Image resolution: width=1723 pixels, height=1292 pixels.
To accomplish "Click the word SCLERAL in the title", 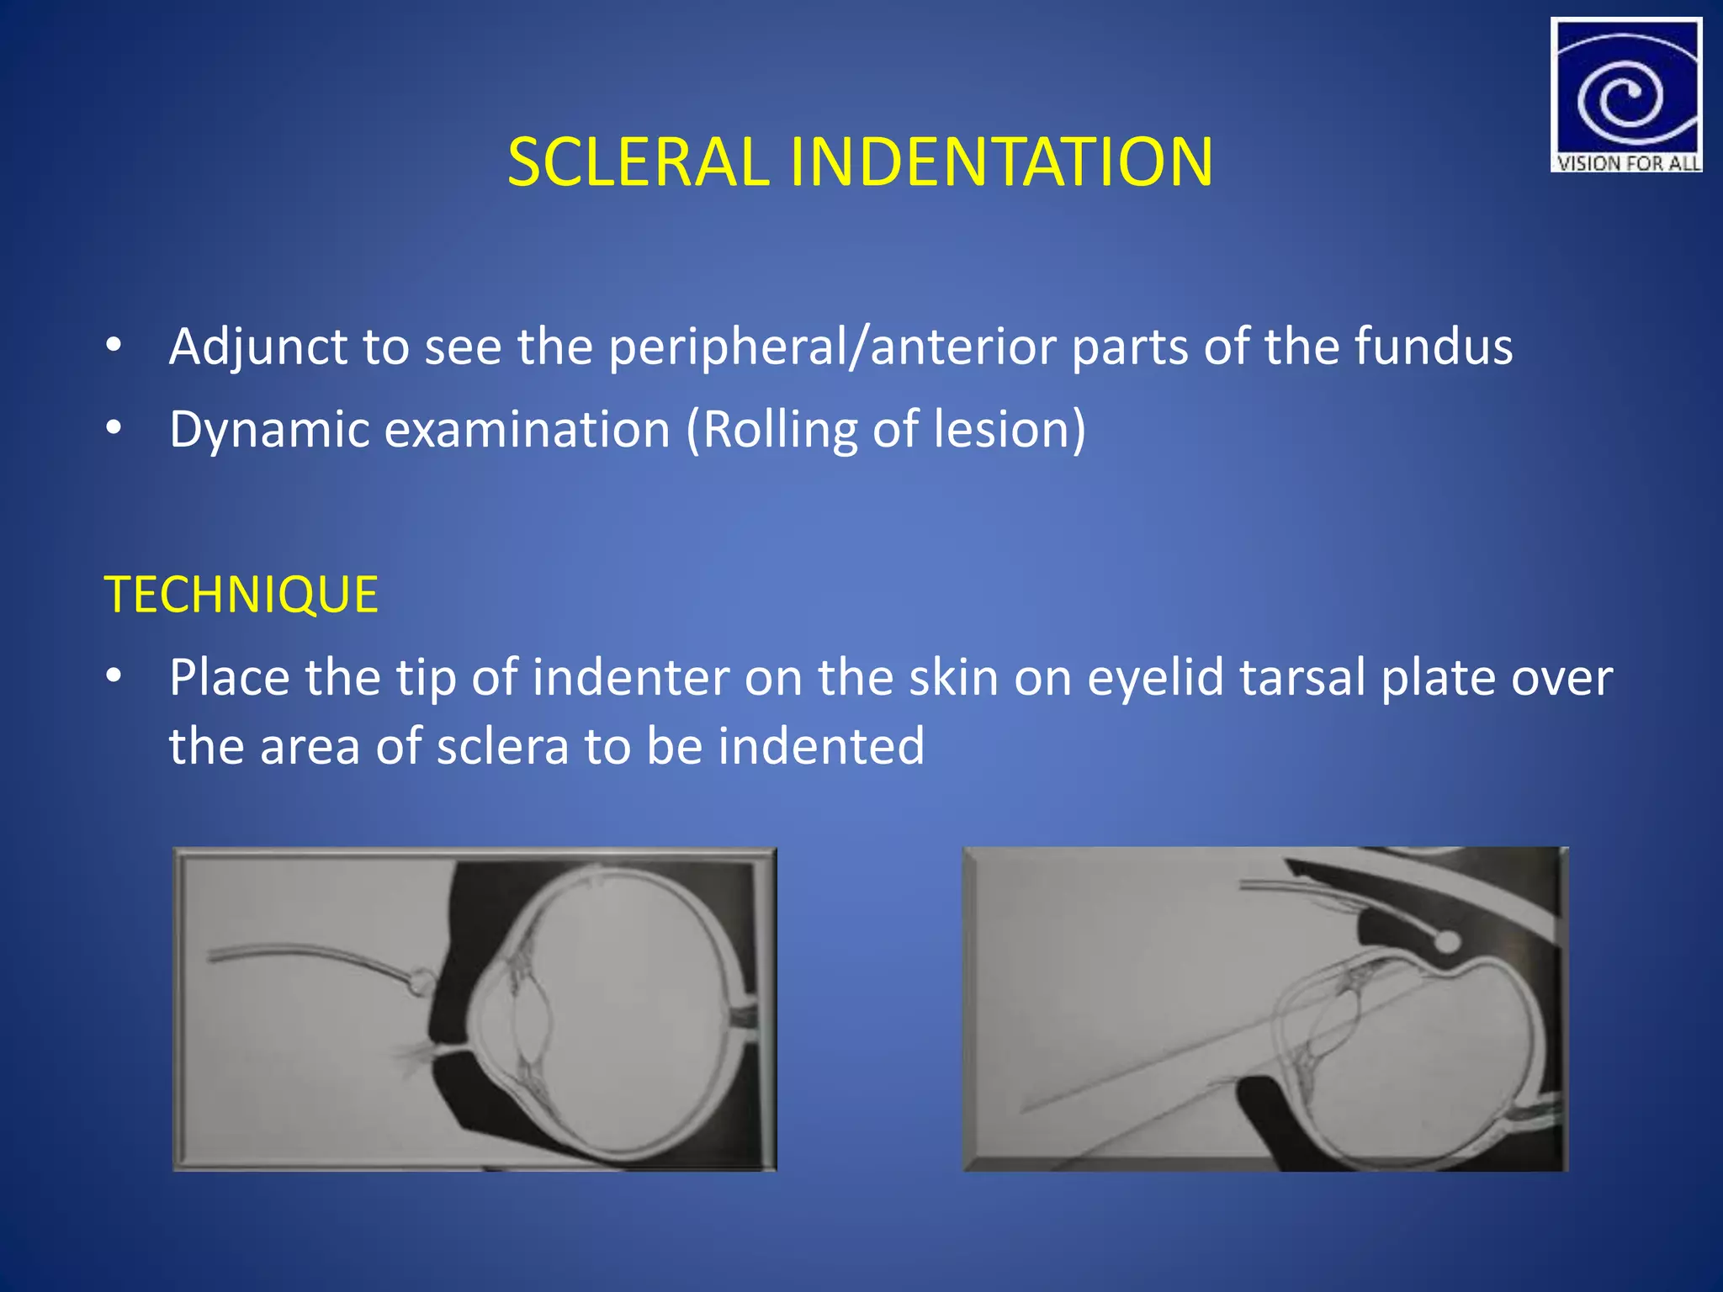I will pos(638,161).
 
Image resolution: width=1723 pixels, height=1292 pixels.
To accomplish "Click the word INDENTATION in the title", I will pos(1000,161).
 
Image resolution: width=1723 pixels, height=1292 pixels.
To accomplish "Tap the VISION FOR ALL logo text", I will pos(1627,163).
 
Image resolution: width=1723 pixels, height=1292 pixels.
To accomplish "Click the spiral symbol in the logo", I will pos(1620,99).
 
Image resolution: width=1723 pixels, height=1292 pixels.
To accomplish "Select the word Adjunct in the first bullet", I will pos(258,347).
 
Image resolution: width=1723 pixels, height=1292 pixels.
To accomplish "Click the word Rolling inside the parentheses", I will pos(779,429).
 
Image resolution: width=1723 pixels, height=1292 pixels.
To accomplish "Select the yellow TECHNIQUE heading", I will pos(241,595).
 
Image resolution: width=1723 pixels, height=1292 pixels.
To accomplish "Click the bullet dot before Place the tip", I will pos(114,675).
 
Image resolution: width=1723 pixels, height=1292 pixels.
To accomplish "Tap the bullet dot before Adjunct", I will pos(114,345).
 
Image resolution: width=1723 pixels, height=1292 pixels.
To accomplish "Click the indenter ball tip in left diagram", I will pos(419,981).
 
